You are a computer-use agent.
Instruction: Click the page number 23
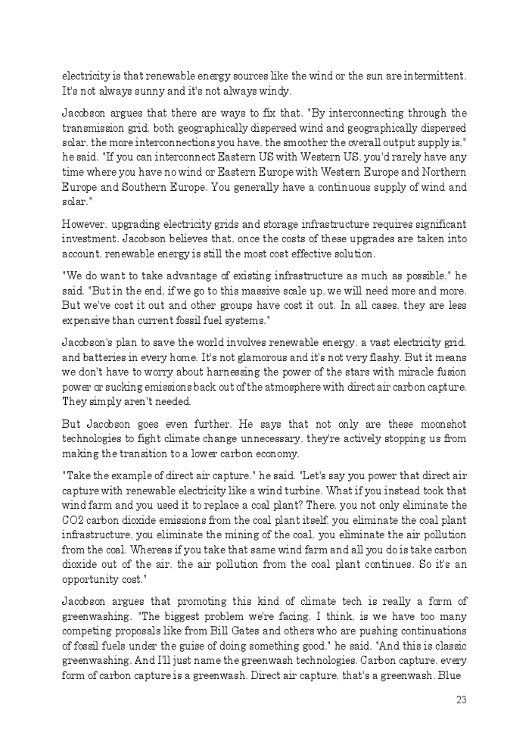pos(461,700)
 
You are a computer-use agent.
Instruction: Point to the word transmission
pos(92,128)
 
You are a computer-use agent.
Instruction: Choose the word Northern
pos(445,172)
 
